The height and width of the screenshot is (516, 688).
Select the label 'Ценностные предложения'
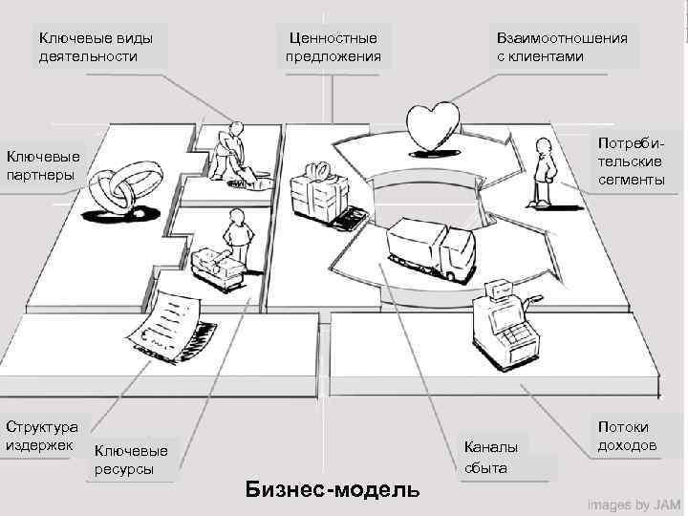pyautogui.click(x=333, y=47)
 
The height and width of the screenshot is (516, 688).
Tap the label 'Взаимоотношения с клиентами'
pyautogui.click(x=562, y=47)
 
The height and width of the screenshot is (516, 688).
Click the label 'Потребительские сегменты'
pyautogui.click(x=632, y=161)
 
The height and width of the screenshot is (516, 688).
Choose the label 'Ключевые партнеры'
pyautogui.click(x=43, y=164)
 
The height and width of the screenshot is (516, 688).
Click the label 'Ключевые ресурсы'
pyautogui.click(x=132, y=460)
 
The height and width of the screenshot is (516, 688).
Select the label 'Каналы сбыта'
pyautogui.click(x=491, y=457)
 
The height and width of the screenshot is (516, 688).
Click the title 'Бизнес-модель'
pyautogui.click(x=332, y=490)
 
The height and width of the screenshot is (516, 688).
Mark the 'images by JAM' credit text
pyautogui.click(x=634, y=504)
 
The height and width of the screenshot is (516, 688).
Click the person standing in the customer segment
pyautogui.click(x=544, y=170)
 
